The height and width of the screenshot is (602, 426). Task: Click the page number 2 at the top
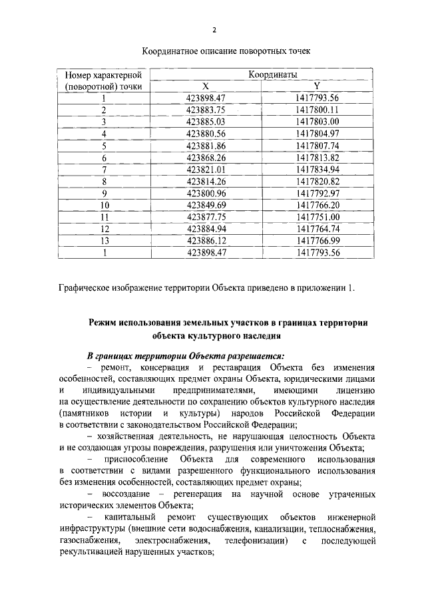pyautogui.click(x=214, y=30)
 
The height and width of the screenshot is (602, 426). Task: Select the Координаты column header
pyautogui.click(x=272, y=75)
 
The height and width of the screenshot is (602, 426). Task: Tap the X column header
pyautogui.click(x=206, y=86)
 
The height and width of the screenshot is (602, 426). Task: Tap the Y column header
pyautogui.click(x=317, y=86)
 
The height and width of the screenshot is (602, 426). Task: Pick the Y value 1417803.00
pyautogui.click(x=318, y=122)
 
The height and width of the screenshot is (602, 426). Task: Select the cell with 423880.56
pyautogui.click(x=207, y=133)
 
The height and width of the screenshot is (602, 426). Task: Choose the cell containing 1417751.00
pyautogui.click(x=318, y=217)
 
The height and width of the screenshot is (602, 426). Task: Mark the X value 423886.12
pyautogui.click(x=207, y=240)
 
